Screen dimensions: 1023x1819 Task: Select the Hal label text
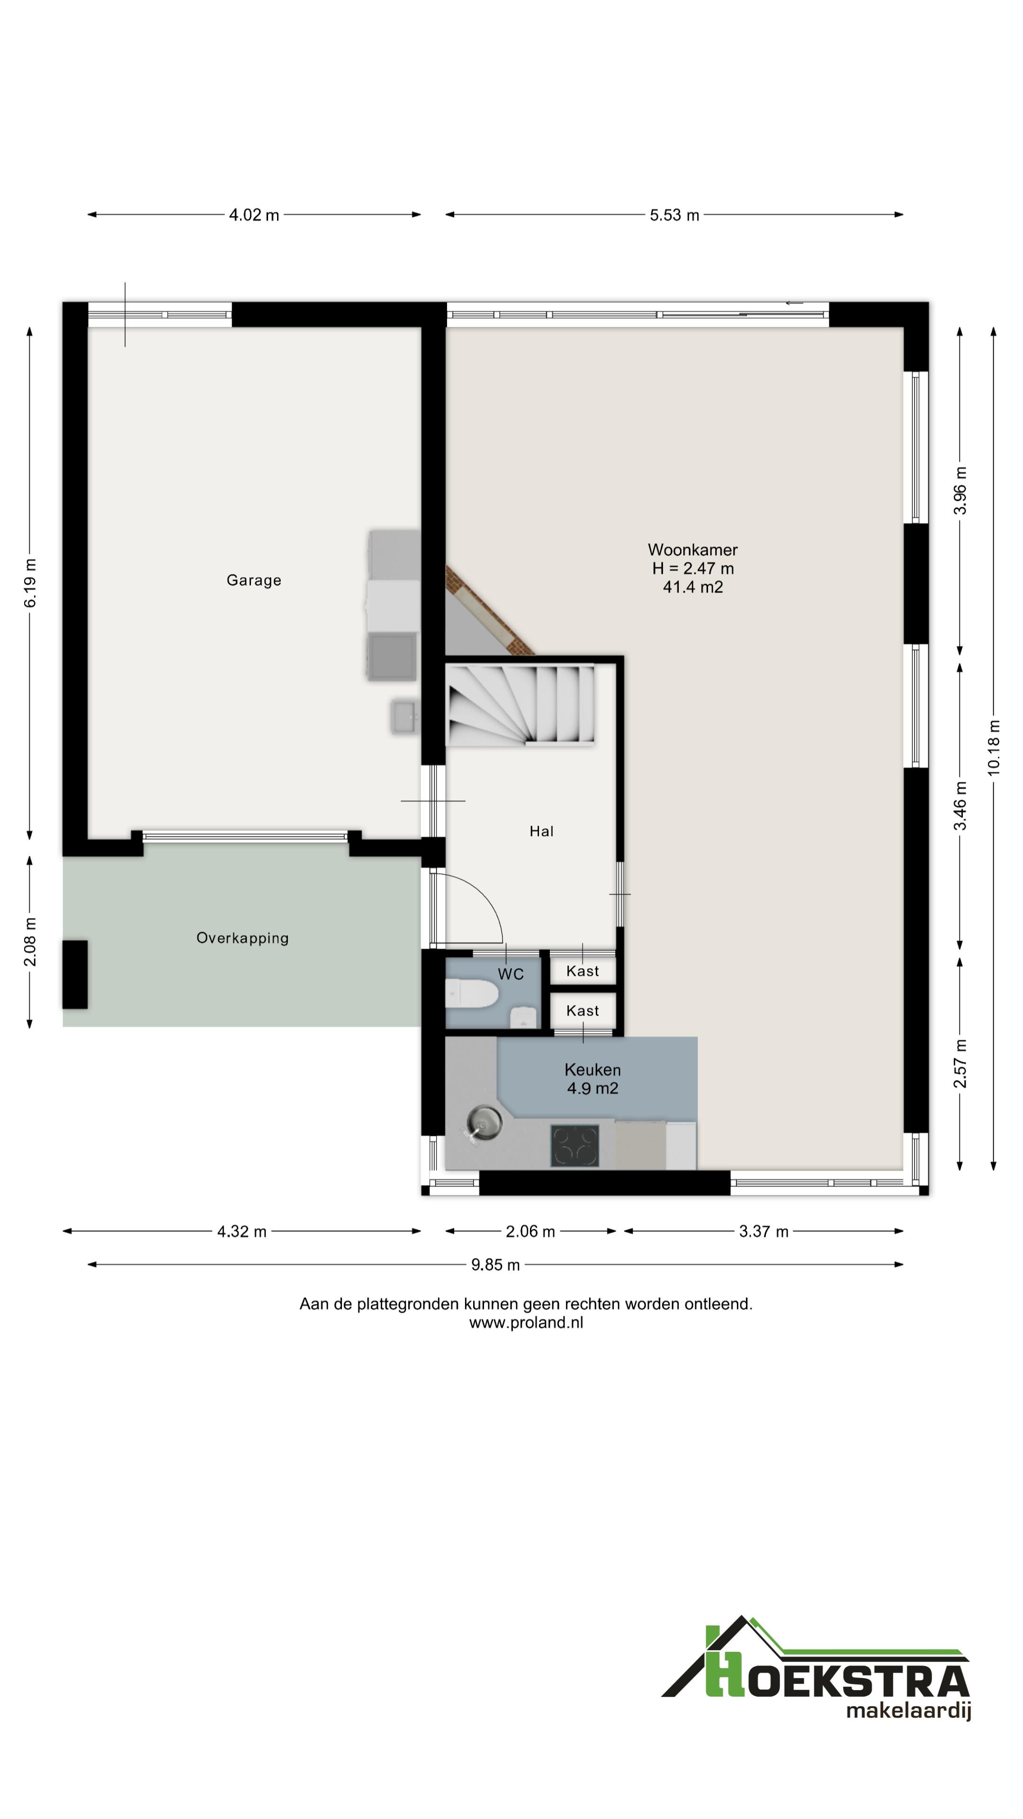(541, 831)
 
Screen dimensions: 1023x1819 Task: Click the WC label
(511, 974)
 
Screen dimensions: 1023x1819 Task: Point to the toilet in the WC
(472, 993)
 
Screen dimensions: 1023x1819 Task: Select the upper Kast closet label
(583, 971)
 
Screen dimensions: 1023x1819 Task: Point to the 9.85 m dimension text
(495, 1265)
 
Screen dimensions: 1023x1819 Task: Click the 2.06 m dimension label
(530, 1232)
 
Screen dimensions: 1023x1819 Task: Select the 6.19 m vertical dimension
(30, 583)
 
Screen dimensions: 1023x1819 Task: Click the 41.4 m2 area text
(692, 587)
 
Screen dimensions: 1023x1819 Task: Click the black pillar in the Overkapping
(75, 974)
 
